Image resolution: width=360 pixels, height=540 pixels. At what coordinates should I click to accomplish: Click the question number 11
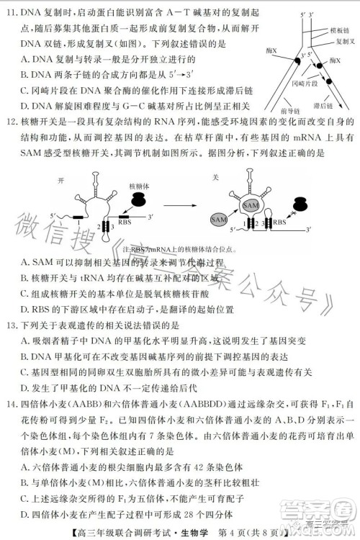(12, 13)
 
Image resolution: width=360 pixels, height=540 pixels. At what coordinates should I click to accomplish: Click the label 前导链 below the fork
(291, 113)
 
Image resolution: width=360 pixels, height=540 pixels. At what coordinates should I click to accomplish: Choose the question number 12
(12, 138)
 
